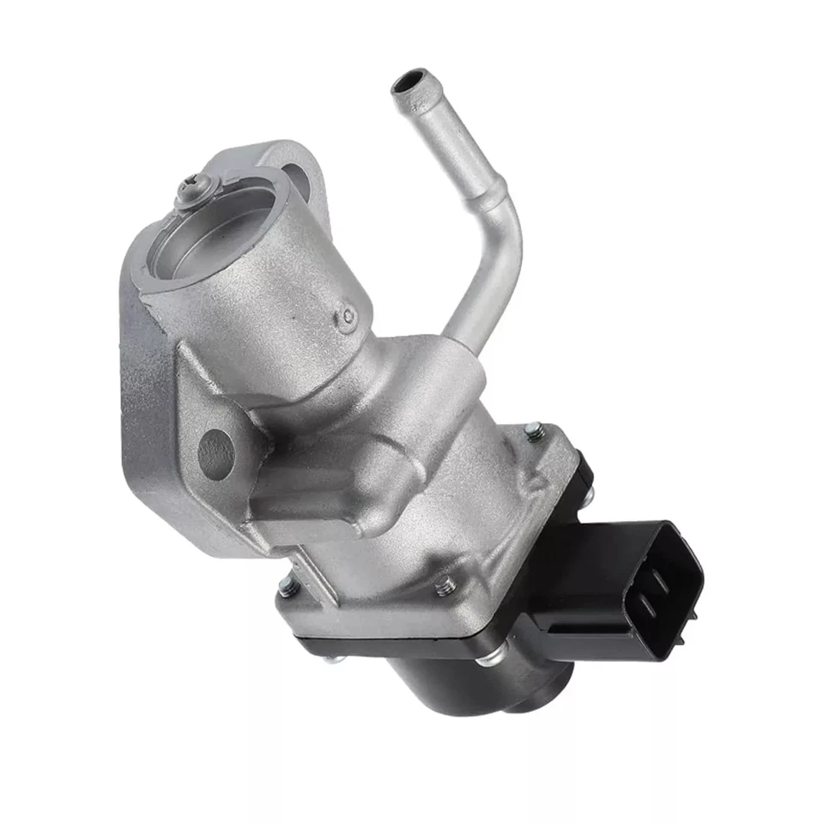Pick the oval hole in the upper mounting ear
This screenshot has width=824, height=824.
[x=294, y=181]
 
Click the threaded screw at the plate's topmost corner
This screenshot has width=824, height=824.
[x=534, y=428]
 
